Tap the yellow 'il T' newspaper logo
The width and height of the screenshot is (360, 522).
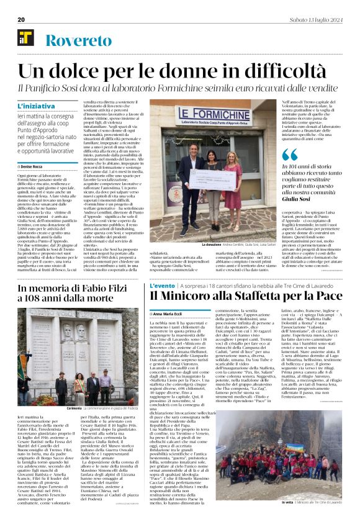(25, 38)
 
